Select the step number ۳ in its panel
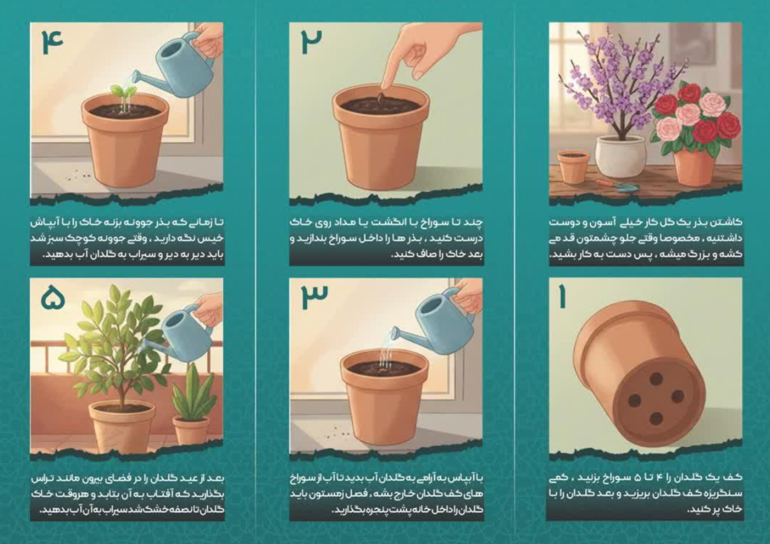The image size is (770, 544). pyautogui.click(x=314, y=297)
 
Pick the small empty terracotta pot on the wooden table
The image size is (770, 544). pyautogui.click(x=573, y=166)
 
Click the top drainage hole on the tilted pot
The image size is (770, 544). pyautogui.click(x=656, y=378)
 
